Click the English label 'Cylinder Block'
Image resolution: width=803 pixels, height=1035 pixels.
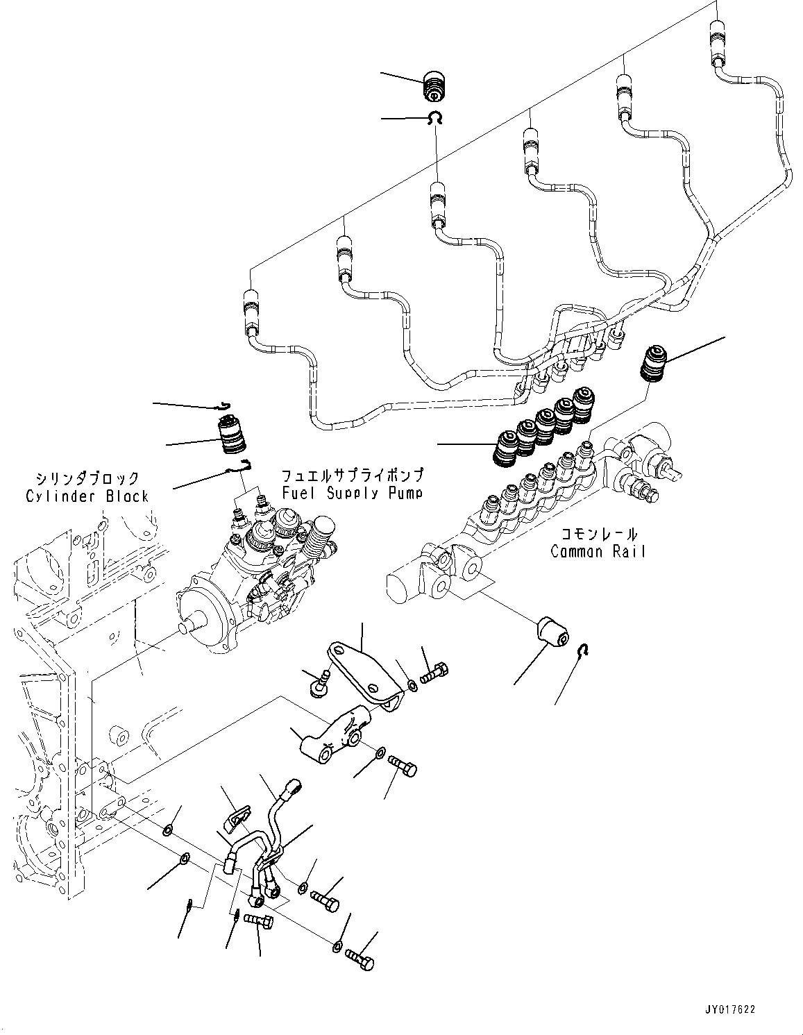tap(87, 496)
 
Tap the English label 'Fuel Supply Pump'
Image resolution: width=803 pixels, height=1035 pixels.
tap(352, 493)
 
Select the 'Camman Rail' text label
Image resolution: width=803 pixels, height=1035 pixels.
tap(598, 551)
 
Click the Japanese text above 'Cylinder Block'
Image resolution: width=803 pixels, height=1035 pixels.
tap(87, 479)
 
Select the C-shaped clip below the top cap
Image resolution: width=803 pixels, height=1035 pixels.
tap(437, 119)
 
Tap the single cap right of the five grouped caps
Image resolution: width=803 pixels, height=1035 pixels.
tap(652, 363)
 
